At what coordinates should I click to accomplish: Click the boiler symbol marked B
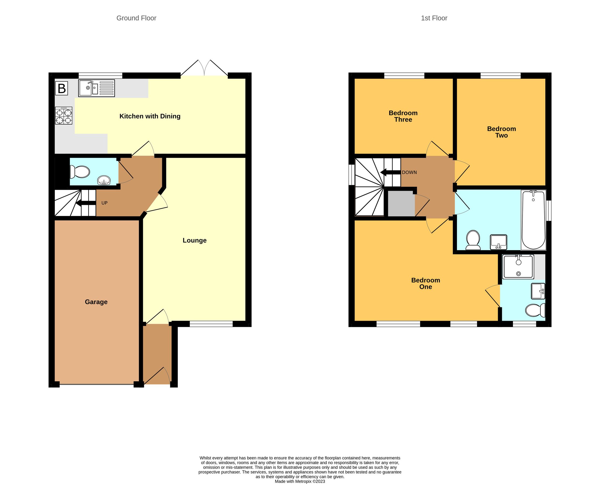tap(62, 88)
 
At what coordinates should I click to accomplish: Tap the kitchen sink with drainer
tap(97, 88)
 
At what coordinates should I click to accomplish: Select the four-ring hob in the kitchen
tap(64, 116)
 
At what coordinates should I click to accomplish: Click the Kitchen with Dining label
tap(150, 116)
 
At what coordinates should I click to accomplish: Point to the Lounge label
tap(195, 240)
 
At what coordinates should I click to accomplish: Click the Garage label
tap(96, 302)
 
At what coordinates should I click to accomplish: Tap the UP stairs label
tap(104, 203)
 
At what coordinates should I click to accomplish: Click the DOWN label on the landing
tap(409, 172)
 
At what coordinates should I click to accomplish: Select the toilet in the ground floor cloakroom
tap(80, 172)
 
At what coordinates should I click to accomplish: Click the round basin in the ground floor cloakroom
tap(104, 180)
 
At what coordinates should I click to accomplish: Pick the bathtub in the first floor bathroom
tap(533, 220)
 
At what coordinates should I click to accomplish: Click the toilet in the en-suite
tap(535, 310)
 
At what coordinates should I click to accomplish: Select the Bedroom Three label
tap(403, 116)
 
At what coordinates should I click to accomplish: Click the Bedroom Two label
tap(501, 132)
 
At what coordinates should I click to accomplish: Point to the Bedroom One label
tap(426, 283)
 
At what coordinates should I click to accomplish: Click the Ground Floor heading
tap(136, 18)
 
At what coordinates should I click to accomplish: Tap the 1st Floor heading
tap(434, 18)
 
